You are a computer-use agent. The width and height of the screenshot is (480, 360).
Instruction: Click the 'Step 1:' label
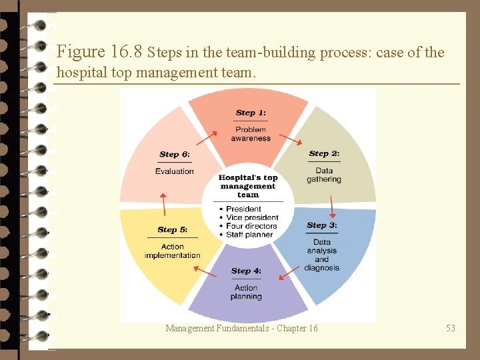tap(251, 113)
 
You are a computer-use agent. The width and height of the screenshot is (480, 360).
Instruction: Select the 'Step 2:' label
tap(324, 154)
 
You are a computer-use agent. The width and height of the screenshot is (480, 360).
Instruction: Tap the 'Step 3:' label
tap(322, 225)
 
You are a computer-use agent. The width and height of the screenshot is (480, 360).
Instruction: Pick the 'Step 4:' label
tap(246, 271)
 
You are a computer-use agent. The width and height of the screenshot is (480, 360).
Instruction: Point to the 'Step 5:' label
tap(172, 230)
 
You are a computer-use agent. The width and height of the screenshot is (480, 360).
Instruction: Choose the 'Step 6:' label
tap(175, 155)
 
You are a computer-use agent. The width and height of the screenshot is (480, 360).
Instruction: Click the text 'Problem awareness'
tap(251, 134)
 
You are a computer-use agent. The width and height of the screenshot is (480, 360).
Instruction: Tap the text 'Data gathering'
tap(324, 175)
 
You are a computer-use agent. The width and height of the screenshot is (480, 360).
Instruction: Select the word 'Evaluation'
tap(175, 171)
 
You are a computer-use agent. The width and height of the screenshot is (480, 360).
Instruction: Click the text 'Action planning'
tap(246, 293)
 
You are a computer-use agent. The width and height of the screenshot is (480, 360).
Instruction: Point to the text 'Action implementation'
tap(172, 251)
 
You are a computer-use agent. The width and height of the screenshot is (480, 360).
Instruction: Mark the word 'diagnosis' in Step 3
tap(322, 268)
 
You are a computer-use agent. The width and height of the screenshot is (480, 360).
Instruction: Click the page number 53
tap(451, 328)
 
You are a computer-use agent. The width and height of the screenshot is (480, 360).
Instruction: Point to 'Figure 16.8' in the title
tap(100, 52)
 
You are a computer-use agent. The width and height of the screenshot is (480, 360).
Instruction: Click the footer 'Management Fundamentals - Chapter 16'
tap(241, 328)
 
